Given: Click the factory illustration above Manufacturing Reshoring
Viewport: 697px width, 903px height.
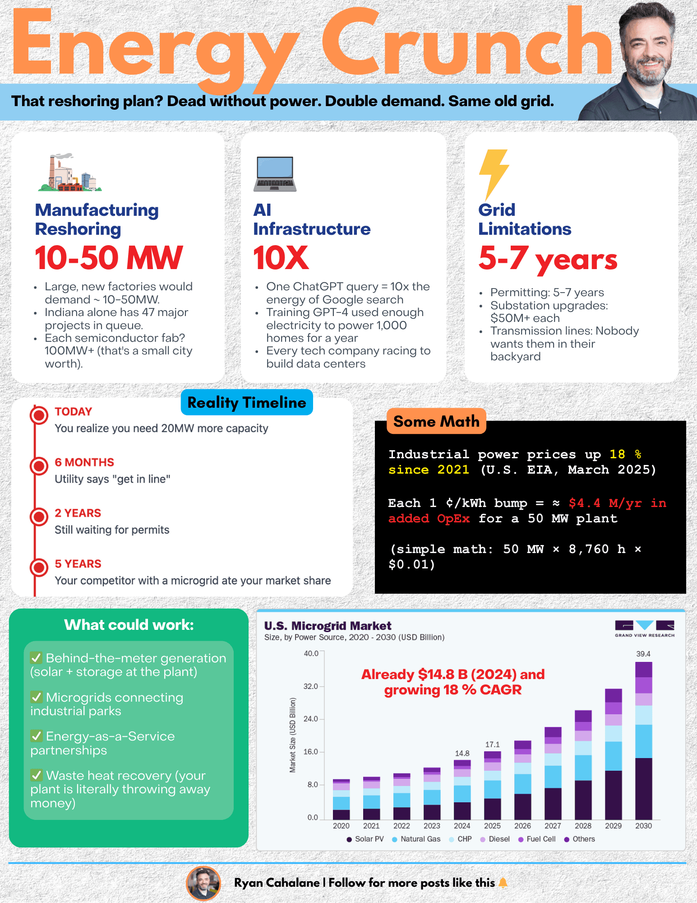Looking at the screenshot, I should [70, 172].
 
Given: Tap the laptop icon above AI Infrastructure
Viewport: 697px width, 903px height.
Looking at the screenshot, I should [275, 174].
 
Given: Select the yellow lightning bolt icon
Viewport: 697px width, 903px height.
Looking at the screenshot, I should [494, 174].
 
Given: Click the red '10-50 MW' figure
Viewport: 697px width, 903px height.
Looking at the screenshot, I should [109, 258].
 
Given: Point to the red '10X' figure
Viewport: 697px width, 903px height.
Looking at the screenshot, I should [281, 258].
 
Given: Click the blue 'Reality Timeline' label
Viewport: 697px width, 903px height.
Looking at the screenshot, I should [247, 402].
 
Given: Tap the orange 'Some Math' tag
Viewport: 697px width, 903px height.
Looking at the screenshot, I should [436, 421].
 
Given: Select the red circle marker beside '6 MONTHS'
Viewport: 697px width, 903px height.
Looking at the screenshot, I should [39, 465].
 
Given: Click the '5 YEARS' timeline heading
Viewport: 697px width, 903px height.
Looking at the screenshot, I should [78, 564].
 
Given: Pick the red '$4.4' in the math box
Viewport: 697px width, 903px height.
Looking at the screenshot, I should [584, 503].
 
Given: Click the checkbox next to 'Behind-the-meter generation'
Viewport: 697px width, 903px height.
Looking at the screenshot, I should [37, 658].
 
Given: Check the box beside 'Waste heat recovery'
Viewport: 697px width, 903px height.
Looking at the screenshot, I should [37, 775].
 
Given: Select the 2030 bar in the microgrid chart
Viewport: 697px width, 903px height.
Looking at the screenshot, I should [643, 740].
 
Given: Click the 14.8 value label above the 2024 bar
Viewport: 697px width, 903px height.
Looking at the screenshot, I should [462, 754].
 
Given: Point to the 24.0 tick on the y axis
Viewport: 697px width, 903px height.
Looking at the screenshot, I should [311, 719].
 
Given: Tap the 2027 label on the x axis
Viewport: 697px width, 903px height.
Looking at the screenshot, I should [553, 826].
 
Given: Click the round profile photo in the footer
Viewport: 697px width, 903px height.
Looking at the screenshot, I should [203, 883].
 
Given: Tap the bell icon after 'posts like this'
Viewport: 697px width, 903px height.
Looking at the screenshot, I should [503, 883].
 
